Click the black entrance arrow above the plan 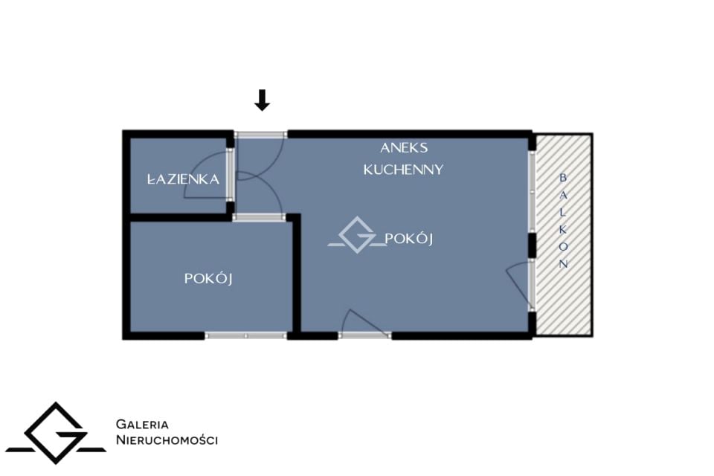tap(262, 100)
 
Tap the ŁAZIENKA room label tap(183, 178)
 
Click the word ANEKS tap(404, 147)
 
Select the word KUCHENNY tap(403, 170)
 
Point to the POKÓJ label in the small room tap(208, 278)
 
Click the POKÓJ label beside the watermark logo tap(408, 238)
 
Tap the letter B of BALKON tap(563, 177)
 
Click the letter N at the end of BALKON tap(563, 264)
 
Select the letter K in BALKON tap(563, 230)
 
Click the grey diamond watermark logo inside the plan tap(358, 235)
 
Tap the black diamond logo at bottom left tap(56, 433)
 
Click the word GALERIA tap(142, 424)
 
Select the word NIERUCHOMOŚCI tap(167, 440)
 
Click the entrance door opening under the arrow tap(260, 135)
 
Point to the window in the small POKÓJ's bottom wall tap(246, 335)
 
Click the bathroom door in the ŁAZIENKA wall tap(231, 174)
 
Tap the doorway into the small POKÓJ tap(260, 218)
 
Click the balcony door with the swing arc tap(531, 286)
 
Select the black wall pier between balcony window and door tap(531, 245)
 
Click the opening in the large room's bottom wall tap(364, 335)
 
